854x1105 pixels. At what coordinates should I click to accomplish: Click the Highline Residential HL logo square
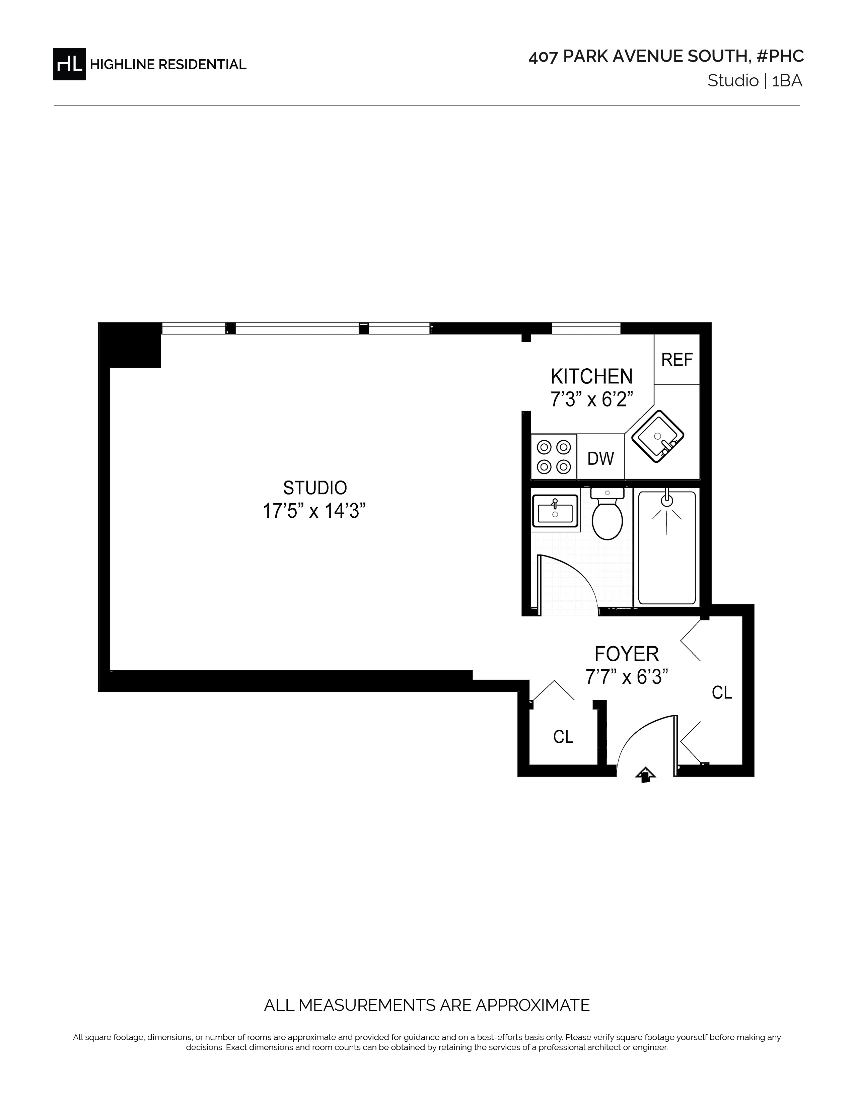[69, 64]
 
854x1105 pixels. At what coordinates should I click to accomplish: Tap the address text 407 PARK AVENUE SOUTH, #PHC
[666, 57]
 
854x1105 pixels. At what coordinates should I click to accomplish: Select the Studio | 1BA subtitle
[755, 81]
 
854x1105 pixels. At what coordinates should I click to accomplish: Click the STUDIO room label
[315, 488]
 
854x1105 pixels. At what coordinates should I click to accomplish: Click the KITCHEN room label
[591, 376]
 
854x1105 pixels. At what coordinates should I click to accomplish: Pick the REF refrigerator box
[677, 359]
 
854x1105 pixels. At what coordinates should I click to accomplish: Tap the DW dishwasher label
[600, 458]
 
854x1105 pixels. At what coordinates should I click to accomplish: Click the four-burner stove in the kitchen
[554, 456]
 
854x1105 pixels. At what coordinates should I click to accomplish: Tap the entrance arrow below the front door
[646, 775]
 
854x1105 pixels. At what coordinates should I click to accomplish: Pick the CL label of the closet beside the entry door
[563, 737]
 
